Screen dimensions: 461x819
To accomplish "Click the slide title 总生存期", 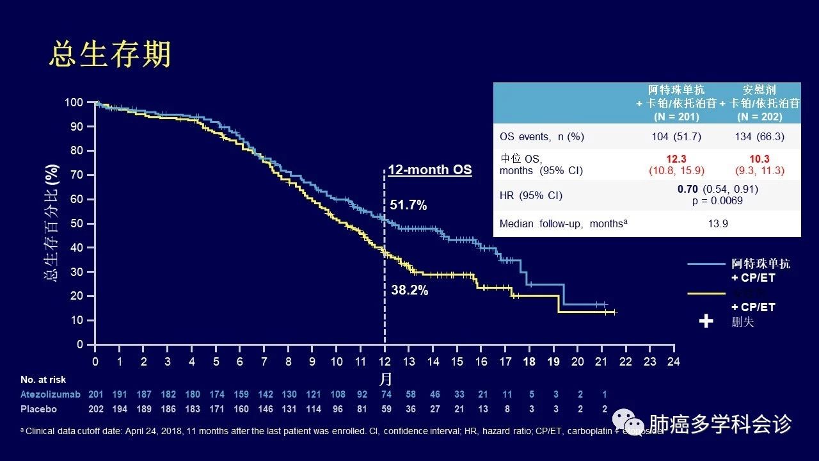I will tap(110, 55).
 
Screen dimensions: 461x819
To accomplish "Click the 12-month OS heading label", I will tap(430, 170).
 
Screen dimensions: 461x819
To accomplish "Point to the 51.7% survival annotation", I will tap(408, 206).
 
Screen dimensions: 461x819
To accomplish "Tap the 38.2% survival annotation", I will tap(409, 290).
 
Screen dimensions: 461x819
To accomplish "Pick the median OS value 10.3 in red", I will tap(759, 159).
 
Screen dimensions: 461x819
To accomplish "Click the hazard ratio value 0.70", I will tap(688, 190).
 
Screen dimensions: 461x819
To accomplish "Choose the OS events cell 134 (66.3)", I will tap(759, 136).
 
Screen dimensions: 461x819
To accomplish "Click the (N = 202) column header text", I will tap(759, 117).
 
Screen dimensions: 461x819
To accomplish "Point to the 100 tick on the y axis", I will tap(75, 102).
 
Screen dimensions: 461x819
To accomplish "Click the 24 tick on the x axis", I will tap(673, 361).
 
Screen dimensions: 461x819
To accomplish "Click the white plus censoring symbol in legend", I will tap(706, 321).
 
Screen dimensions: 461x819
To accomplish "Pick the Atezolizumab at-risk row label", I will tap(50, 394).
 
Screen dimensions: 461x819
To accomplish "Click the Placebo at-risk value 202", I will tap(95, 409).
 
